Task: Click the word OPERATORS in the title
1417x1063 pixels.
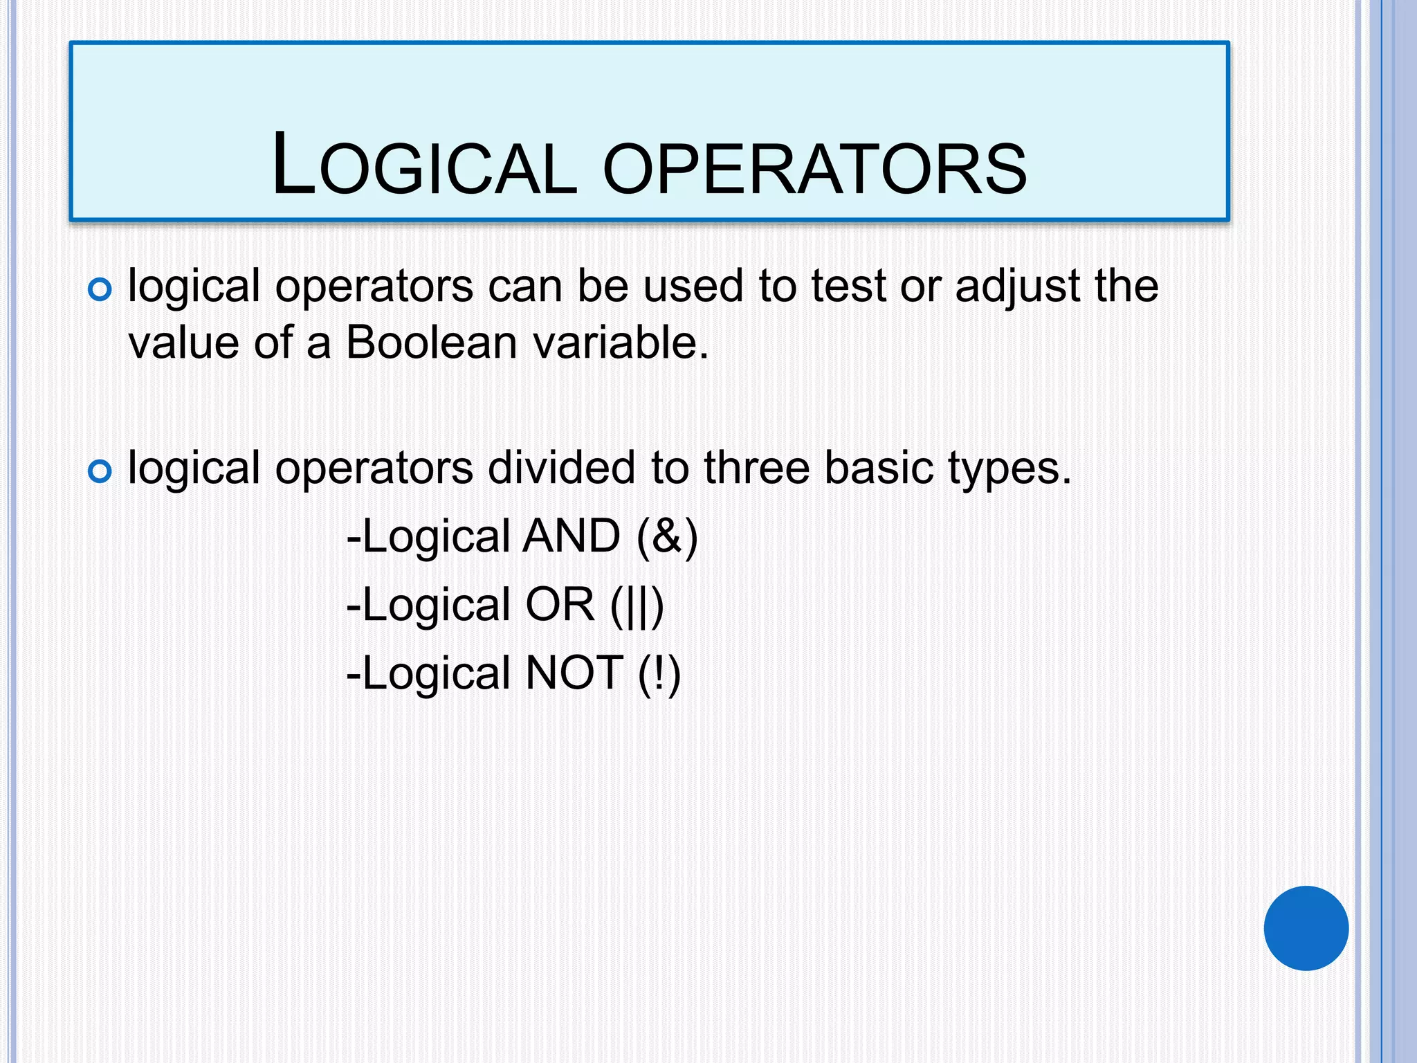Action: (x=814, y=168)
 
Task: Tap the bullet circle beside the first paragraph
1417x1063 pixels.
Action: (x=100, y=289)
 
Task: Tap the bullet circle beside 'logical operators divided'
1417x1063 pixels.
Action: (x=100, y=472)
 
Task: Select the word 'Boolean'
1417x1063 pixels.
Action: (x=431, y=343)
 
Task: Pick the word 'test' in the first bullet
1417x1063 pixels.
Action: (x=848, y=286)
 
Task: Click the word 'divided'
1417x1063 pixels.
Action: (x=561, y=468)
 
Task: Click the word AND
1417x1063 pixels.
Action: (x=572, y=536)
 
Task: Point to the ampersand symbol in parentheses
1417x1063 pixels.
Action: (x=666, y=536)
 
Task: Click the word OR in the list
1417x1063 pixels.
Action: (x=560, y=604)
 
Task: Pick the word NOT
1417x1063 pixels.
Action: (x=574, y=673)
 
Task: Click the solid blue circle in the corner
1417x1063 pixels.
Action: (x=1306, y=928)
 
